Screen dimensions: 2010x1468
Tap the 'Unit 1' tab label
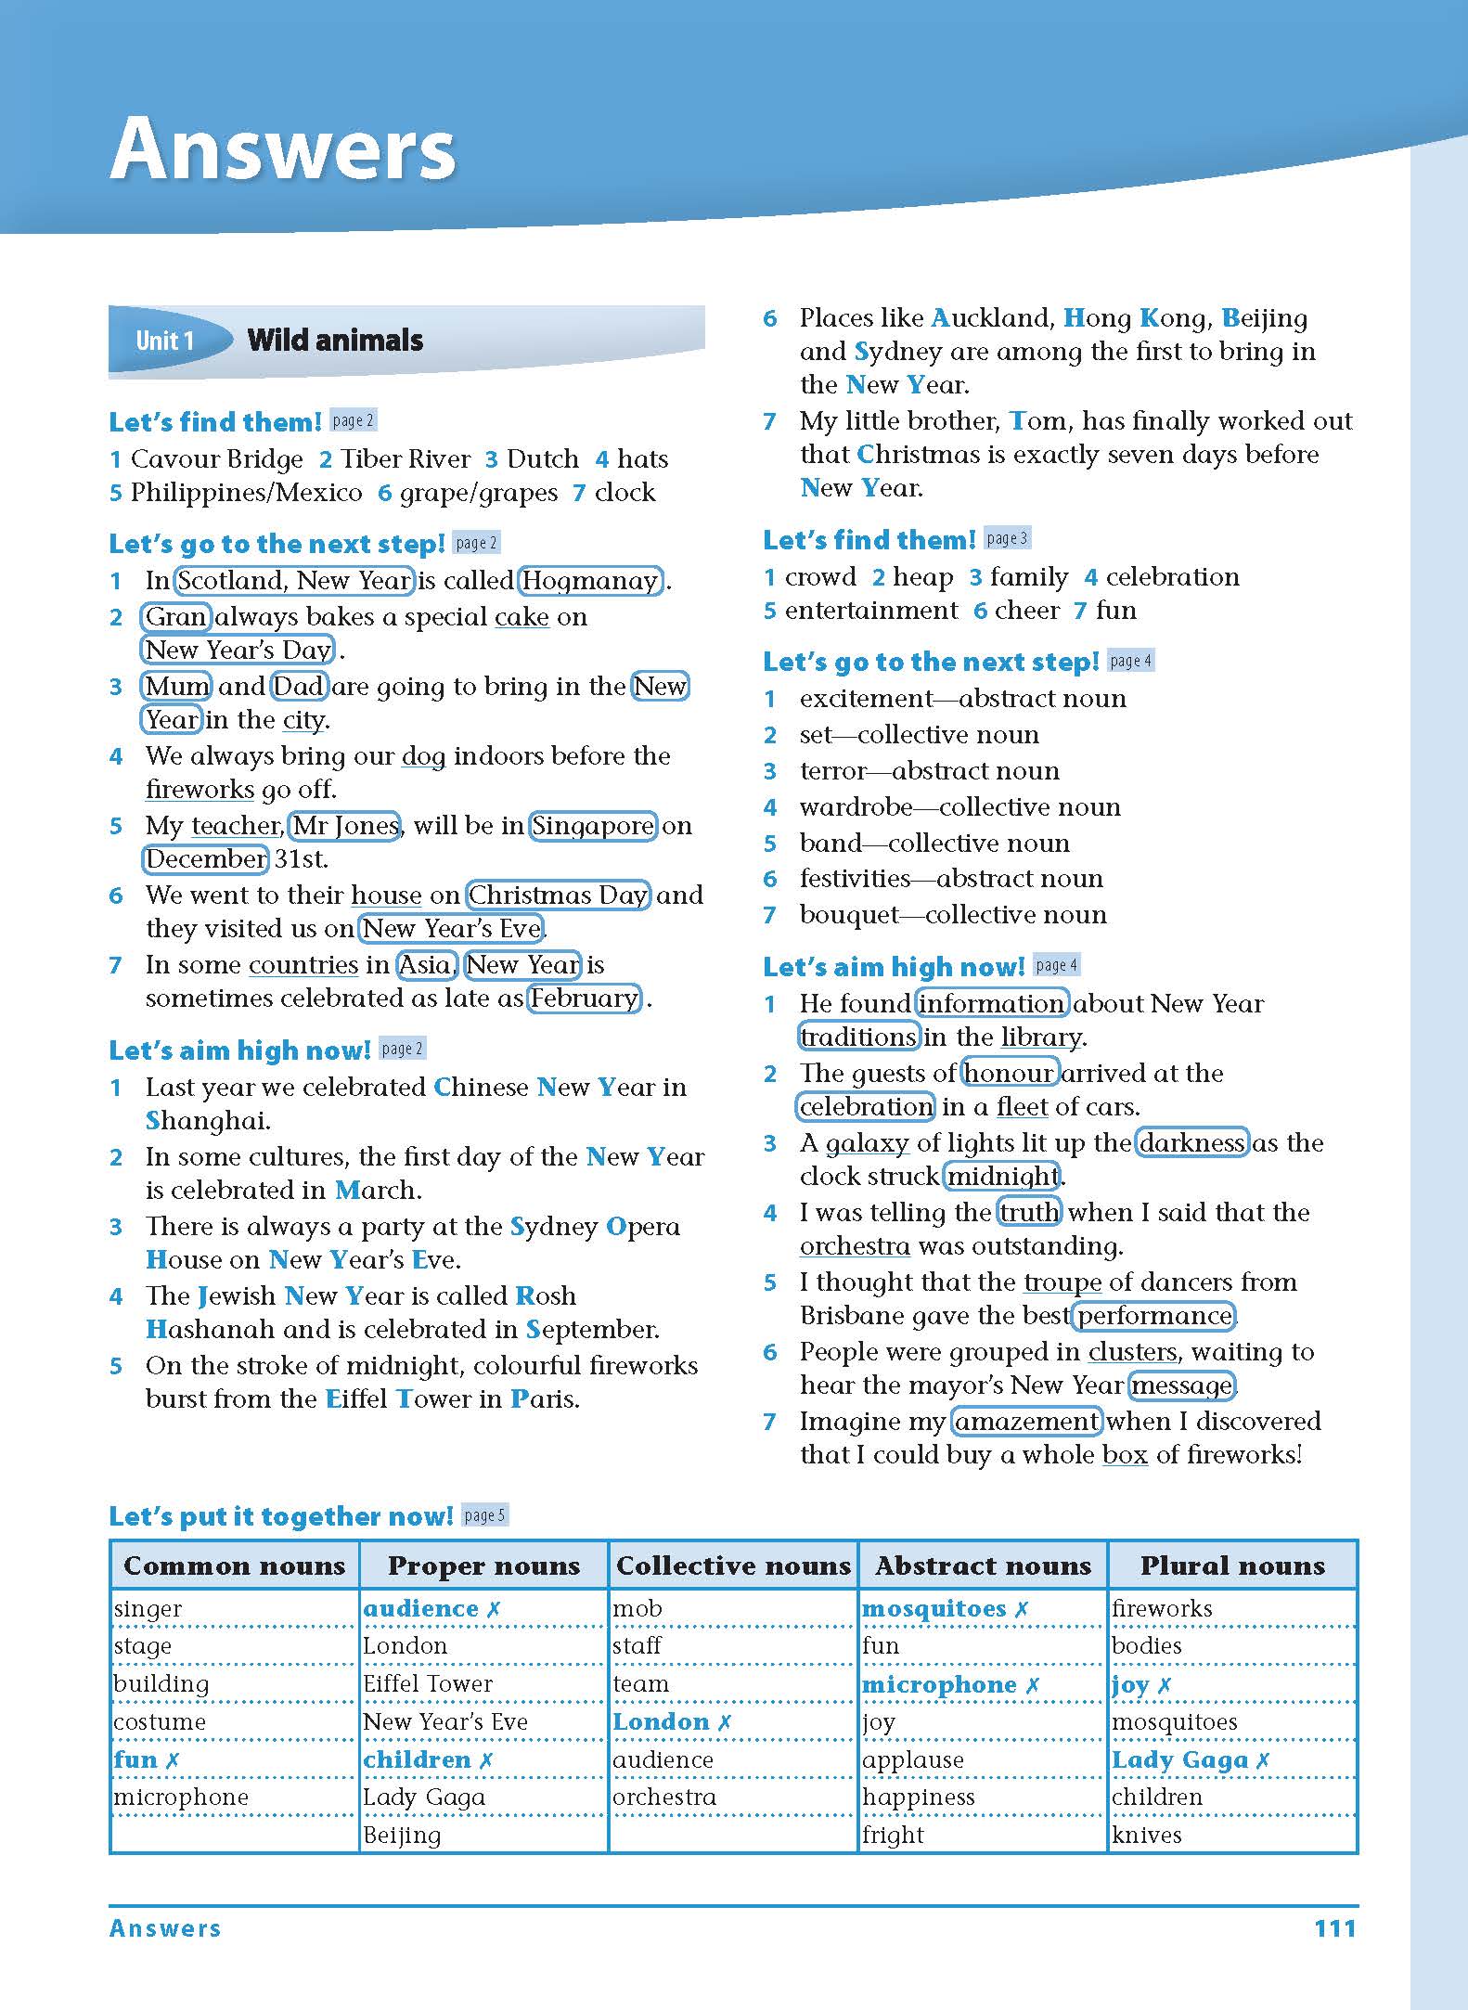tap(164, 341)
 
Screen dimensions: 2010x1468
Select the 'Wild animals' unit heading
tap(335, 341)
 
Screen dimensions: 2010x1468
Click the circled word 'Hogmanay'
tap(590, 581)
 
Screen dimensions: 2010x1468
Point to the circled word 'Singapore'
tap(593, 826)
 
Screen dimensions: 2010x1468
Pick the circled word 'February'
tap(585, 999)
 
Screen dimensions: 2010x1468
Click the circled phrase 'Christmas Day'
tap(558, 895)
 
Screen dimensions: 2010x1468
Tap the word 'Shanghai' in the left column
tap(208, 1121)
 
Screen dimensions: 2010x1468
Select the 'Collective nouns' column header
tap(733, 1566)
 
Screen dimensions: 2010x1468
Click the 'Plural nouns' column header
tap(1232, 1566)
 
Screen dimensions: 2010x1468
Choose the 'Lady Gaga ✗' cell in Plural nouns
tap(1191, 1760)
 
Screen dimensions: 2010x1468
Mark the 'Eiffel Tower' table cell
tap(428, 1684)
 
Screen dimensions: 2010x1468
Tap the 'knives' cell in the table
tap(1147, 1836)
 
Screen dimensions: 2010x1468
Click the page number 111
tap(1334, 1928)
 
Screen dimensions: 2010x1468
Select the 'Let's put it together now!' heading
tap(281, 1516)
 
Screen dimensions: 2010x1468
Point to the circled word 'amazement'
tap(1027, 1422)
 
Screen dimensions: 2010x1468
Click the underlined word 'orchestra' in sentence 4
tap(855, 1246)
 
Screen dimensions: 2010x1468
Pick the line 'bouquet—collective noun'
tap(953, 915)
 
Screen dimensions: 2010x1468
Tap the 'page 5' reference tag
tap(484, 1515)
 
